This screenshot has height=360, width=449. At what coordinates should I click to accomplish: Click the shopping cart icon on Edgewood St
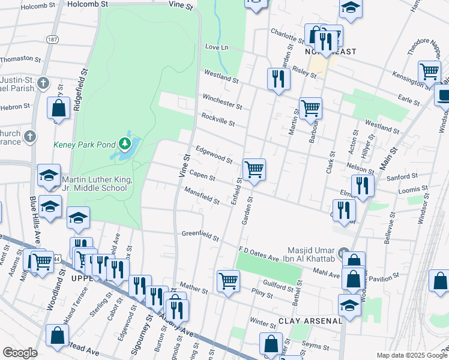tap(254, 170)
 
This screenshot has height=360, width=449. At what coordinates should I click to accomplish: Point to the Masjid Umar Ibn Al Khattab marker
tap(343, 253)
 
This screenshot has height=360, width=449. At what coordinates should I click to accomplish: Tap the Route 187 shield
tap(53, 38)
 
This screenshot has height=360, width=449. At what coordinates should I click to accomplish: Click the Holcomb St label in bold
tap(86, 4)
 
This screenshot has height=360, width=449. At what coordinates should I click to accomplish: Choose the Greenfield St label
tap(200, 235)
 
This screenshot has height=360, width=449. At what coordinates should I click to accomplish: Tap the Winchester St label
tap(222, 101)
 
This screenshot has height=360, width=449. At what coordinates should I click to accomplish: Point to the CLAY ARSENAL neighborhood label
tap(310, 320)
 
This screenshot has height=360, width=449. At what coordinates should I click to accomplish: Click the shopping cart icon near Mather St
tap(229, 281)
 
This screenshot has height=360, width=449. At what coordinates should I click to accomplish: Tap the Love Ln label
tap(217, 47)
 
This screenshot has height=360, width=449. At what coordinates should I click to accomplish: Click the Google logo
tap(20, 353)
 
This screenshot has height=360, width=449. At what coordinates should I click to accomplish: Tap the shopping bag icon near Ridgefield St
tap(59, 109)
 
